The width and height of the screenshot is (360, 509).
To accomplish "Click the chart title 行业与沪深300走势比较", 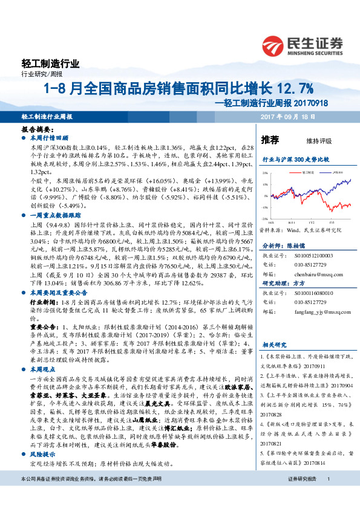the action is [x=295, y=160].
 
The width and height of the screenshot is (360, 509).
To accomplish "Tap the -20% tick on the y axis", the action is [x=264, y=219].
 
